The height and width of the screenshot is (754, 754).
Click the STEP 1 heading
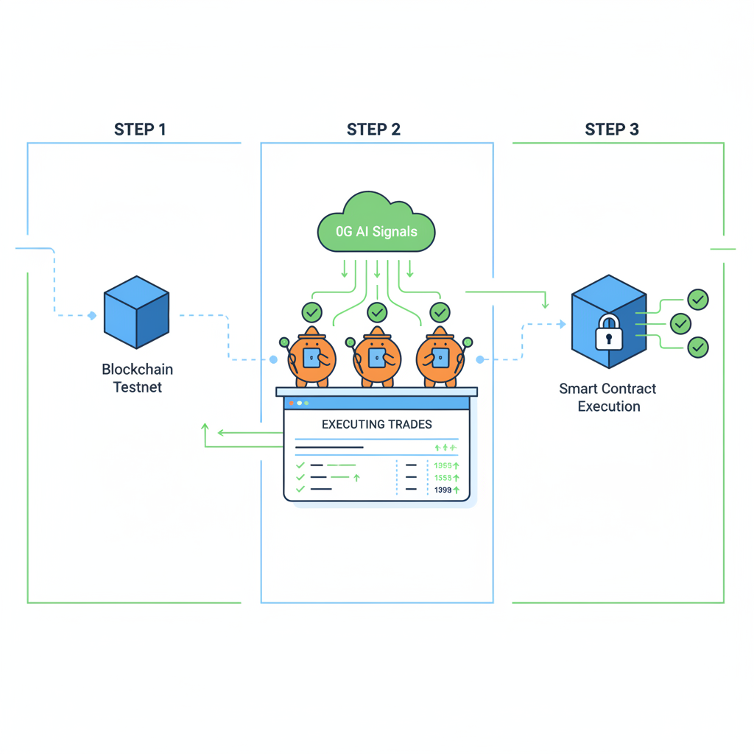(140, 130)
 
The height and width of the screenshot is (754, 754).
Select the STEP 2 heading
(373, 130)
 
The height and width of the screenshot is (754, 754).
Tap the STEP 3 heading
(611, 130)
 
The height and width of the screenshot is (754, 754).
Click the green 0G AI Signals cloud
(376, 225)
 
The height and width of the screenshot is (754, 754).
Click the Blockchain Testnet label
(138, 378)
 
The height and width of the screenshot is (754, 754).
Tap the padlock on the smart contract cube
(609, 332)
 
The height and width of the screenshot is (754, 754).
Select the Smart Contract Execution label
(608, 398)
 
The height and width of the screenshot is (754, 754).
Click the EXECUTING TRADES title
(377, 424)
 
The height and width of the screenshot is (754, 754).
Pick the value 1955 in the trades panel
(443, 465)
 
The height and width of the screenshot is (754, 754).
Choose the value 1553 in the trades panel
(443, 478)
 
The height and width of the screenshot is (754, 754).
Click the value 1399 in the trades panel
(443, 490)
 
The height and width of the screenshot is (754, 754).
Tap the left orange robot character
(311, 357)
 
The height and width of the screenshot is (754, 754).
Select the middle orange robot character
(376, 357)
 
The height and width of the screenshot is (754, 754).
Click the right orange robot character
(440, 357)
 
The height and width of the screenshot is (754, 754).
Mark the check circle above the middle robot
(377, 312)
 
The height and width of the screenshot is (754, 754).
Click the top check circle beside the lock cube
(697, 299)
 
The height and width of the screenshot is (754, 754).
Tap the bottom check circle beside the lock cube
(697, 347)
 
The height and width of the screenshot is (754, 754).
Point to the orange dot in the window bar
(292, 403)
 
